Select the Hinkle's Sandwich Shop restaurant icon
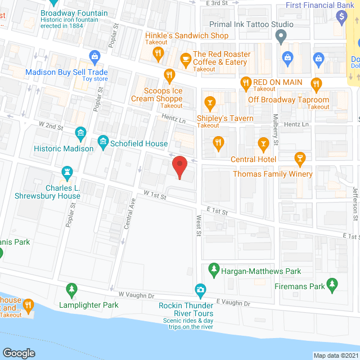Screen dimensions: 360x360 point(159,53)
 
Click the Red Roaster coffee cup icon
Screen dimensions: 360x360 point(185,58)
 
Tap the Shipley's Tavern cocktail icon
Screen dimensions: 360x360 point(210,102)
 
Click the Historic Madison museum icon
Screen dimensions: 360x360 point(80,133)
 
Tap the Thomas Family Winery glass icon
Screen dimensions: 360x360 point(300,159)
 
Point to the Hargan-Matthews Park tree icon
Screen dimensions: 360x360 point(214,271)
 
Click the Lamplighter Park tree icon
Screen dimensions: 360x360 point(71,290)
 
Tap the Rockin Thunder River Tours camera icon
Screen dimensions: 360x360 point(200,290)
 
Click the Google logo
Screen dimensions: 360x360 point(18,353)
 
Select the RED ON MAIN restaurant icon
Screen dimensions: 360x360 point(245,84)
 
